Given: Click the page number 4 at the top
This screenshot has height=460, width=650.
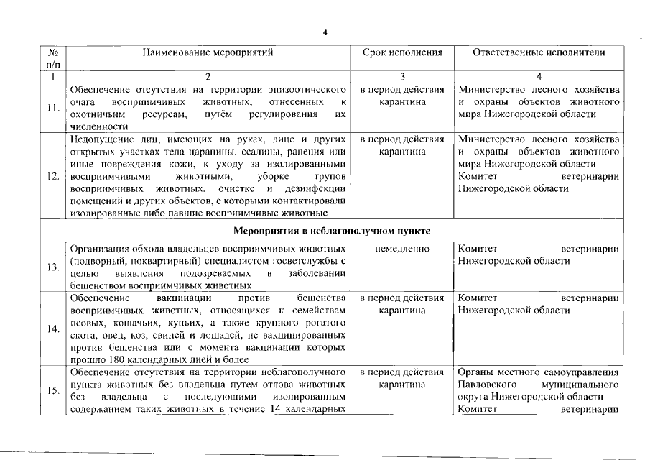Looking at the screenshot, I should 325,32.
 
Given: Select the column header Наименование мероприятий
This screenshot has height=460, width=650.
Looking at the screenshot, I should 208,52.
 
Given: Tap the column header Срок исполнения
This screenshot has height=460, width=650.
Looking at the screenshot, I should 402,52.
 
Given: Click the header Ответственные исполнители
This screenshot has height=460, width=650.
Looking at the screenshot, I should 539,52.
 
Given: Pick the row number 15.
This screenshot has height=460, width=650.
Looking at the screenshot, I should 52,390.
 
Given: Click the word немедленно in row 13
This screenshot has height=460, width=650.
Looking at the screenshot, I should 402,249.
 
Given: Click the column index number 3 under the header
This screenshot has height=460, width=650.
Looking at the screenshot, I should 402,76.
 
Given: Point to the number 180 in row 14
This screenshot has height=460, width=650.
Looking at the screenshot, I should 119,359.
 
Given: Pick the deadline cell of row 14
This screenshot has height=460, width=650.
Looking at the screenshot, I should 402,303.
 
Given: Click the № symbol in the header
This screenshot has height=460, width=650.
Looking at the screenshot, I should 52,52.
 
